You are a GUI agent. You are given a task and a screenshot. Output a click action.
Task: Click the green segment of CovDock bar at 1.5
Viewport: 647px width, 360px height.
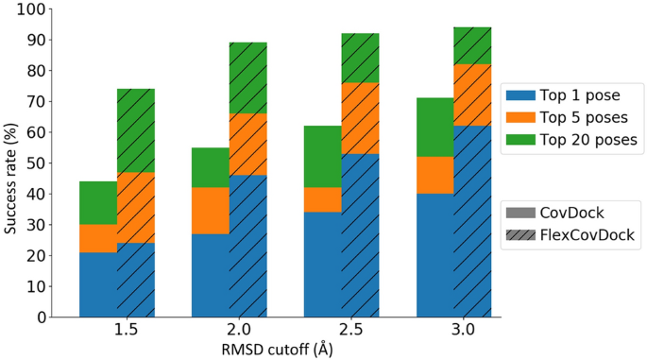click(x=98, y=203)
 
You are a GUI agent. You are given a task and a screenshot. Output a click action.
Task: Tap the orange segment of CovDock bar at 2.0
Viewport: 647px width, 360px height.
click(x=211, y=211)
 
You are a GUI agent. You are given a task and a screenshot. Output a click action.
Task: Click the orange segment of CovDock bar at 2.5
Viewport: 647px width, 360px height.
click(x=322, y=200)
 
